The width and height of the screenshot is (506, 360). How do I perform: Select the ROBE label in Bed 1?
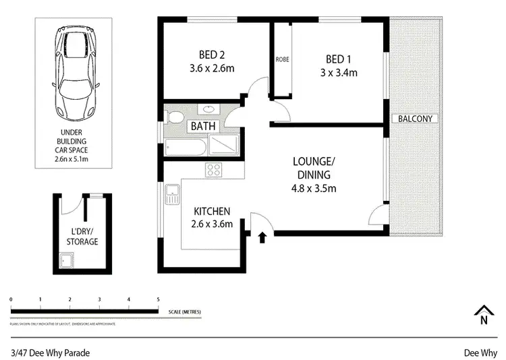click(282, 59)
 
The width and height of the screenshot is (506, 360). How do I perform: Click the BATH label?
click(202, 126)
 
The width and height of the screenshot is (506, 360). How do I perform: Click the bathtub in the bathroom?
click(184, 147)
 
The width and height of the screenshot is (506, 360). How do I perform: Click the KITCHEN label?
click(213, 211)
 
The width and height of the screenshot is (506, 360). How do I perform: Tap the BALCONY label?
click(416, 119)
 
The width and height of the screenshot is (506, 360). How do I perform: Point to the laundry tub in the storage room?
click(66, 260)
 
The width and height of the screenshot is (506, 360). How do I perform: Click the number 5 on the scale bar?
click(158, 299)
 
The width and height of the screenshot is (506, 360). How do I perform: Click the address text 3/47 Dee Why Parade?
click(51, 353)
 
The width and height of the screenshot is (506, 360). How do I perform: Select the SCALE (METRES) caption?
click(184, 312)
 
